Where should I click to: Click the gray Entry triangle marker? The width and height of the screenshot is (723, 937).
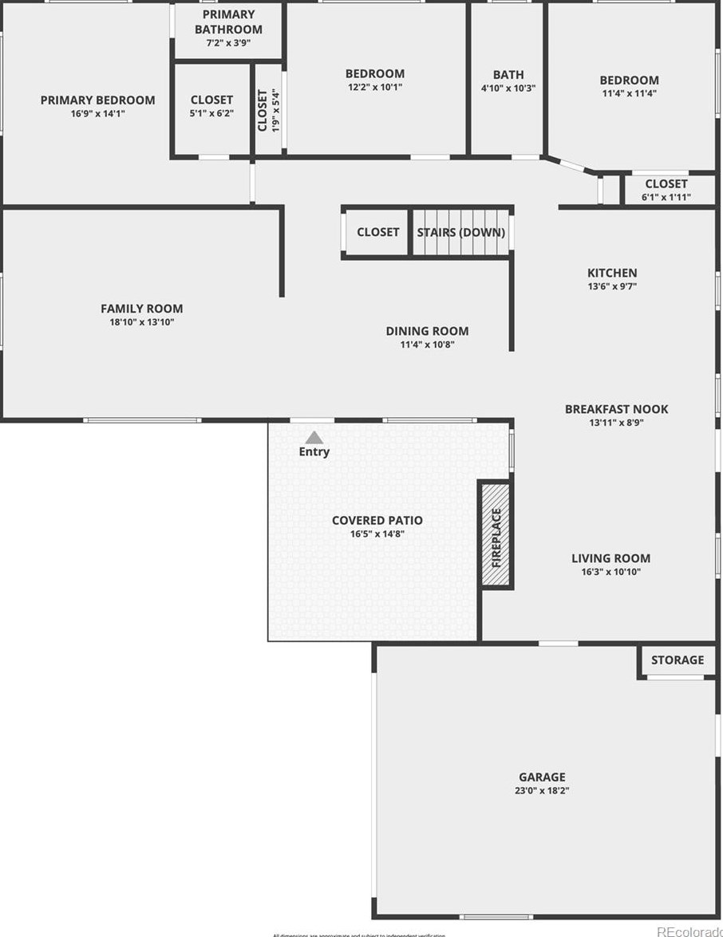pyautogui.click(x=314, y=437)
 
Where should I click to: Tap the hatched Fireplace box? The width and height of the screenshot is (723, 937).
pyautogui.click(x=496, y=534)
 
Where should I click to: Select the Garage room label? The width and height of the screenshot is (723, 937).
pyautogui.click(x=542, y=777)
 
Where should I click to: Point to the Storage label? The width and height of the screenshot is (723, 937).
pyautogui.click(x=678, y=659)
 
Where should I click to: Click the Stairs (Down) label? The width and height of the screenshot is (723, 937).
pyautogui.click(x=461, y=232)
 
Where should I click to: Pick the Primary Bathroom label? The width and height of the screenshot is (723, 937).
pyautogui.click(x=228, y=22)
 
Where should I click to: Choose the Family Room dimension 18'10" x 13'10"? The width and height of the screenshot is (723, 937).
pyautogui.click(x=141, y=322)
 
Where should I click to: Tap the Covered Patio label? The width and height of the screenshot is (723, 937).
pyautogui.click(x=377, y=521)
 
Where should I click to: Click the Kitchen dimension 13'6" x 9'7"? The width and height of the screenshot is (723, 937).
pyautogui.click(x=612, y=286)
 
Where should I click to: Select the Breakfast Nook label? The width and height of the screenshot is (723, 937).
pyautogui.click(x=617, y=409)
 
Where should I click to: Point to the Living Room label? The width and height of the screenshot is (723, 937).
pyautogui.click(x=610, y=558)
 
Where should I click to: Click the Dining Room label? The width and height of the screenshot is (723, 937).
pyautogui.click(x=427, y=331)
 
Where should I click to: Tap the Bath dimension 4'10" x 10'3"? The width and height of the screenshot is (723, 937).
pyautogui.click(x=508, y=89)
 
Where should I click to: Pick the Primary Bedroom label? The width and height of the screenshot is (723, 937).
pyautogui.click(x=98, y=100)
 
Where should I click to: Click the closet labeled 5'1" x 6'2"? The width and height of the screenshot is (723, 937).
pyautogui.click(x=211, y=113)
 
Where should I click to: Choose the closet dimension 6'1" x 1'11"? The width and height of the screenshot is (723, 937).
pyautogui.click(x=666, y=197)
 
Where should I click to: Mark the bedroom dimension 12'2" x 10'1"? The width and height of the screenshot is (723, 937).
pyautogui.click(x=375, y=87)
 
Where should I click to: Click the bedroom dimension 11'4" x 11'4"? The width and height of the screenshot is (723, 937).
pyautogui.click(x=630, y=93)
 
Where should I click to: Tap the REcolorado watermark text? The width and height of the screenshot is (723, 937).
pyautogui.click(x=689, y=931)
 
